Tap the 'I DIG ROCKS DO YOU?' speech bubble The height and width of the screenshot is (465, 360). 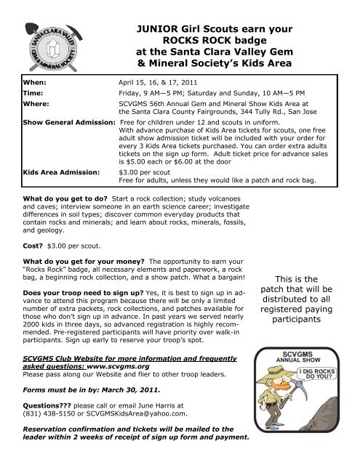coord(318,378)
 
